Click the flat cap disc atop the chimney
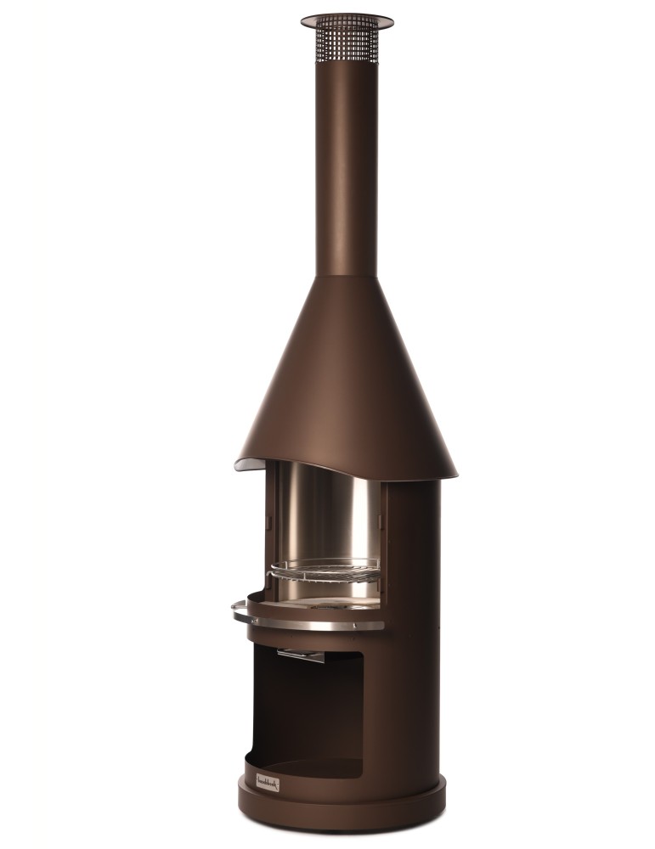[x=347, y=19]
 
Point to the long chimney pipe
[x=347, y=170]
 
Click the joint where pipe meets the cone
[x=347, y=276]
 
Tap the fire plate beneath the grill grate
[x=331, y=603]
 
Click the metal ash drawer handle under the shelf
[x=300, y=655]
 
